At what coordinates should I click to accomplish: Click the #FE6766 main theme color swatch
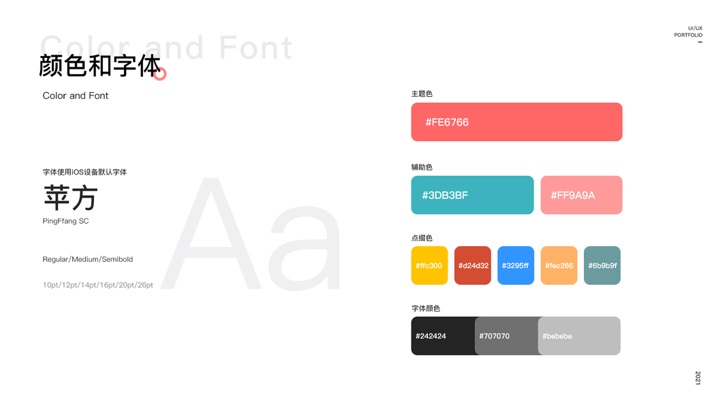tap(516, 122)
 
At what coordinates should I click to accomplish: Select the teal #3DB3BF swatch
tap(472, 195)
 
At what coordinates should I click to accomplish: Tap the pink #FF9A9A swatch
tap(581, 195)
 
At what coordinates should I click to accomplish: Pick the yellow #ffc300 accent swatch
tap(429, 265)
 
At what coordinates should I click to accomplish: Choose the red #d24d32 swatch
tap(472, 265)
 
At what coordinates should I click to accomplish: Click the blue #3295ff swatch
tap(516, 265)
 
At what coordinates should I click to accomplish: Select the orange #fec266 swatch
tap(559, 265)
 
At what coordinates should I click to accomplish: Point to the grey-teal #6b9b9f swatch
tap(602, 265)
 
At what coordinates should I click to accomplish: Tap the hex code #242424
tap(431, 336)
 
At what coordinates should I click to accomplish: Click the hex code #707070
tap(494, 336)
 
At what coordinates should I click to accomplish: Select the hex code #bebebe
tap(557, 336)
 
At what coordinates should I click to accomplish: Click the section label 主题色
tap(422, 93)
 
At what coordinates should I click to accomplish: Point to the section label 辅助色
tap(422, 167)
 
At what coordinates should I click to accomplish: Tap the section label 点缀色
tap(422, 238)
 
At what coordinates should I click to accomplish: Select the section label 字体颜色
tap(426, 308)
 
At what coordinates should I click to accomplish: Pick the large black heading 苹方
tap(70, 198)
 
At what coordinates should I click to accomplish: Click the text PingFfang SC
tap(66, 221)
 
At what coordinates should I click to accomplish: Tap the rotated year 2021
tap(698, 378)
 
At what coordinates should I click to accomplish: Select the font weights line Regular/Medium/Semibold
tap(88, 259)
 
